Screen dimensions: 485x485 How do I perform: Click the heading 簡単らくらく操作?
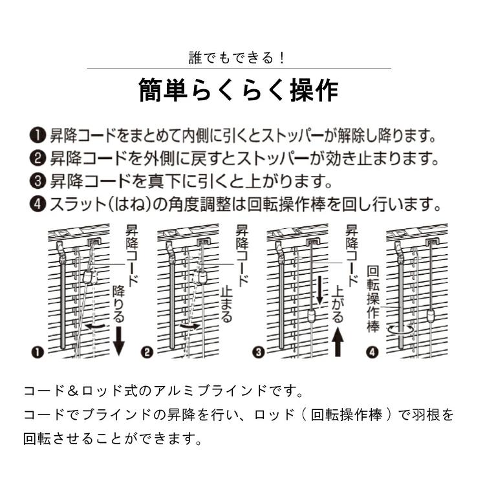[x=239, y=91]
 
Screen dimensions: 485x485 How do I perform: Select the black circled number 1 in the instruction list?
[x=37, y=136]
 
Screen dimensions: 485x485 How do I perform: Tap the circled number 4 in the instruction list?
[x=37, y=204]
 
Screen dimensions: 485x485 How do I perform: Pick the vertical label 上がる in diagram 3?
[x=337, y=307]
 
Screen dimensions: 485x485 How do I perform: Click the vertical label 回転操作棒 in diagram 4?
[x=373, y=298]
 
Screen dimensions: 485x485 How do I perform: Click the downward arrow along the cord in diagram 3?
[x=319, y=290]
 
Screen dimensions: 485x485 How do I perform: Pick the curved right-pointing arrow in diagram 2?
[x=190, y=327]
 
